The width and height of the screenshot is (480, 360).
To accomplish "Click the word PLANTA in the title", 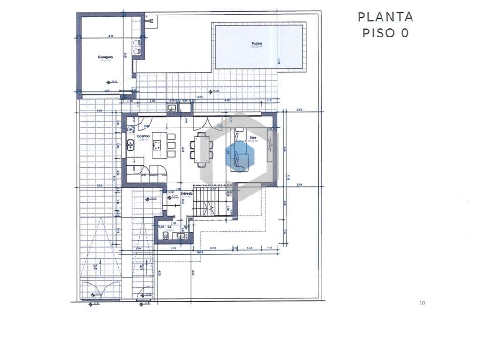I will click(385, 17).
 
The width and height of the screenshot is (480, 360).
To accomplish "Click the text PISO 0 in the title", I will click(385, 33).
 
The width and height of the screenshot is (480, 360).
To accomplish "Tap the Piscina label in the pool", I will click(257, 44).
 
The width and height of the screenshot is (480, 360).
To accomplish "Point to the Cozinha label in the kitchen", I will click(142, 136).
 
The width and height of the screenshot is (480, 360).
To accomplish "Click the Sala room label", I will click(253, 138).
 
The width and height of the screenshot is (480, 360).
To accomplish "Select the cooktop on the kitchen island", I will click(159, 142).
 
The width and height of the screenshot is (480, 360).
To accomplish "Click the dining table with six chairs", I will click(202, 149).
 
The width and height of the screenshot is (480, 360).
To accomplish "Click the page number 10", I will click(422, 303).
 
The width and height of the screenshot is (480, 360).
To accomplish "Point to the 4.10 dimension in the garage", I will click(111, 36).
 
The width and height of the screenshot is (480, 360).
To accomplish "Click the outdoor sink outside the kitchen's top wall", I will click(172, 108).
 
